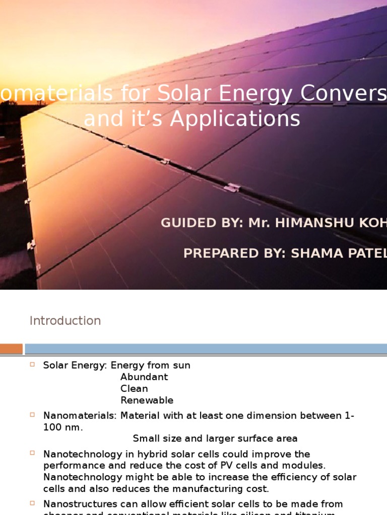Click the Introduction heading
[65, 321]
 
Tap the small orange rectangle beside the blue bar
[11, 349]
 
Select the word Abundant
[144, 377]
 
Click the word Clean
[134, 389]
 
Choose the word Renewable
[147, 400]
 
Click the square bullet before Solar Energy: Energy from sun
[32, 365]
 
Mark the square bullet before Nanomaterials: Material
[32, 414]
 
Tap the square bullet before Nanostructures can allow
[32, 503]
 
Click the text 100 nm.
[63, 427]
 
